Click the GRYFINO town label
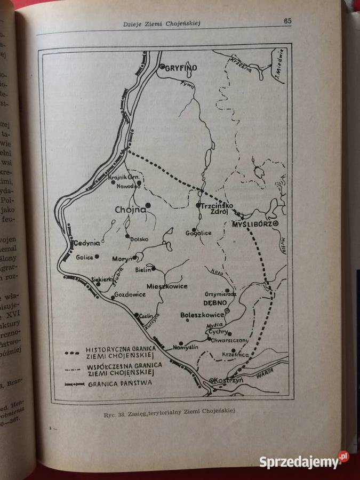pyautogui.click(x=181, y=68)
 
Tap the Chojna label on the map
pyautogui.click(x=130, y=210)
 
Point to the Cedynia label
pyautogui.click(x=87, y=243)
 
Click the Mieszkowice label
pyautogui.click(x=166, y=286)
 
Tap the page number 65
pyautogui.click(x=287, y=21)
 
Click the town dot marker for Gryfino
pyautogui.click(x=162, y=67)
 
